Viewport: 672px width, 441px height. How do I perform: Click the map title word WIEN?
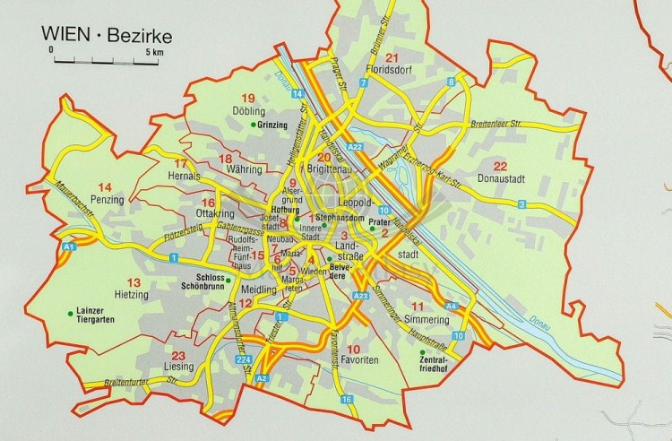tap(63, 36)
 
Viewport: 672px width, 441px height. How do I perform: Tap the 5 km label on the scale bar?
tap(154, 51)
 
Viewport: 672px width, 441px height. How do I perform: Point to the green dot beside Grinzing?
tap(254, 125)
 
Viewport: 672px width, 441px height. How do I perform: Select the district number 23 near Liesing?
tap(178, 355)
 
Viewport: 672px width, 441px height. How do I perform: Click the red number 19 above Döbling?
tap(249, 98)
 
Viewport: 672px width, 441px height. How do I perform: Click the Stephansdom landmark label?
tap(337, 217)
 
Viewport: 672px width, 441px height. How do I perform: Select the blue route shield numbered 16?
tap(345, 399)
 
